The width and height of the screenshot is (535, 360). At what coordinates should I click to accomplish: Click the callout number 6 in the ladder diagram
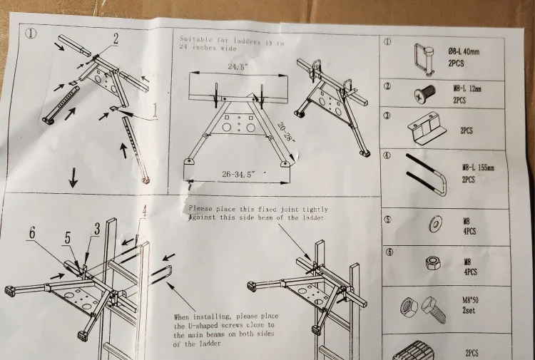(x=33, y=232)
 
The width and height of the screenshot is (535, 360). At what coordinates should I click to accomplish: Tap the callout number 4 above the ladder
(x=143, y=211)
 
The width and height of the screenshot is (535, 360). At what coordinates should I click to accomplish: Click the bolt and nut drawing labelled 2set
(x=422, y=308)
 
